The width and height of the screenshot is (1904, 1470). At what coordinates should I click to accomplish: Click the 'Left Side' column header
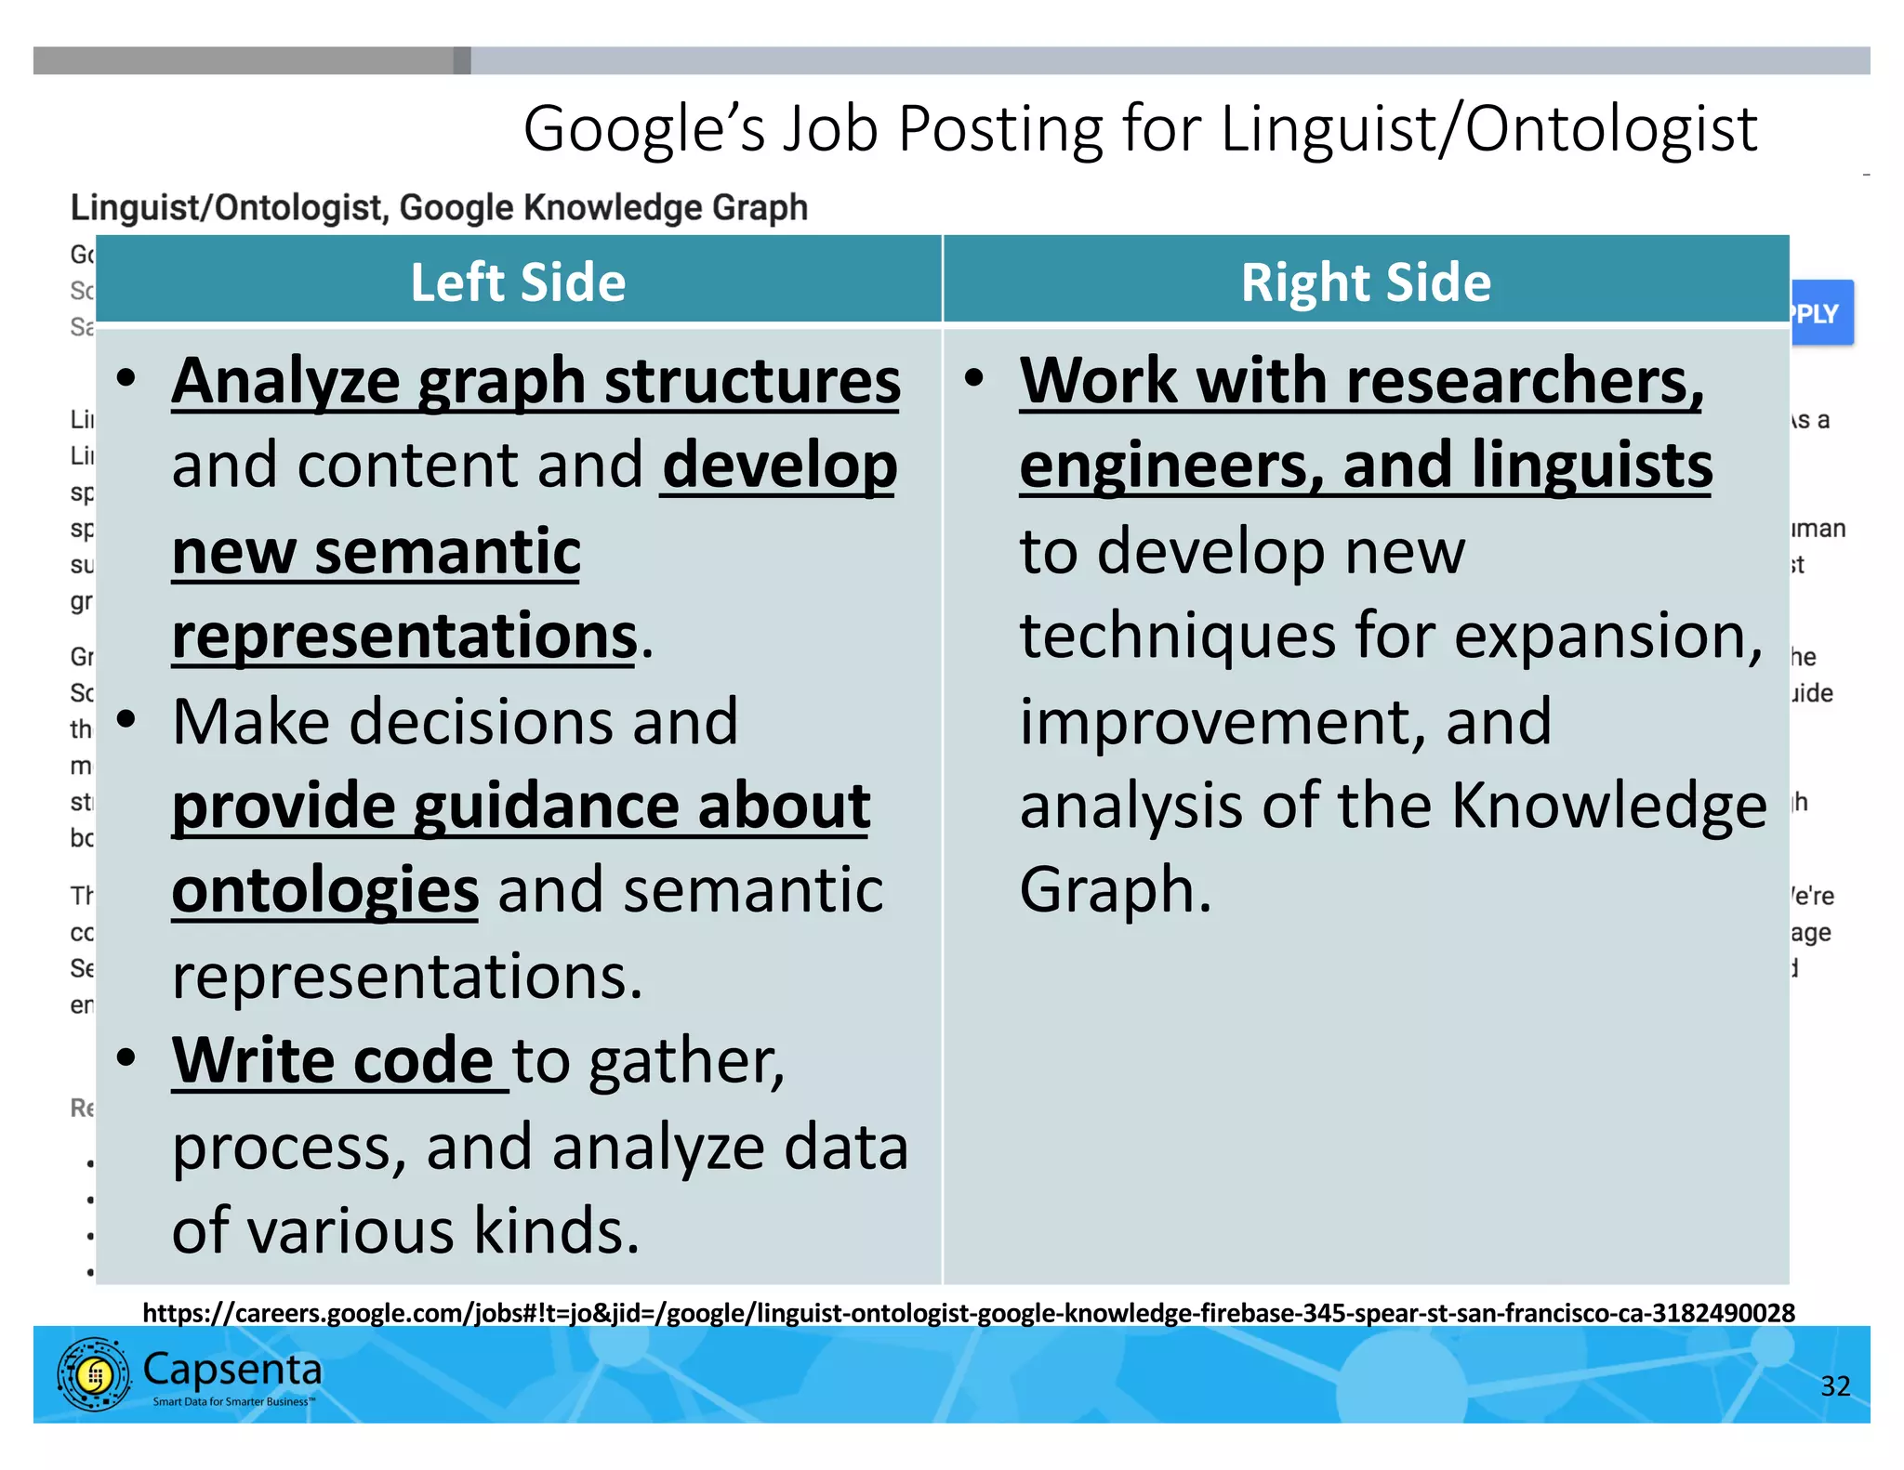518,282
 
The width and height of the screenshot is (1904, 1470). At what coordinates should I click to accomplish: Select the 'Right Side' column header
1365,282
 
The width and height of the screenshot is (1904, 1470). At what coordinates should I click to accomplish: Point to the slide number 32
1834,1385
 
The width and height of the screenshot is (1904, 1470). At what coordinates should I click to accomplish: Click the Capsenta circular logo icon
93,1374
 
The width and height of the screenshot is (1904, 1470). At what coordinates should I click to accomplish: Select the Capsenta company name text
232,1370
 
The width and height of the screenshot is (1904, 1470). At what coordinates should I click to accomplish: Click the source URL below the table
968,1312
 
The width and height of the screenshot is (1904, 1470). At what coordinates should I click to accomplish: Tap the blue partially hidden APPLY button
1820,313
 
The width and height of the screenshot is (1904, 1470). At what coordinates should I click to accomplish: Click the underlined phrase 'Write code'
333,1060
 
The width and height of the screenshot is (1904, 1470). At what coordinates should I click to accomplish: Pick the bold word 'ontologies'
325,890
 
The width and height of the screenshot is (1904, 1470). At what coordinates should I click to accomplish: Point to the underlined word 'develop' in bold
779,465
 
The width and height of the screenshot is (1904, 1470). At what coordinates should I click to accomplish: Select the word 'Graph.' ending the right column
1115,890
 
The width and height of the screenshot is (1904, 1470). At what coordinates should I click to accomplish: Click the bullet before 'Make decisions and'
127,719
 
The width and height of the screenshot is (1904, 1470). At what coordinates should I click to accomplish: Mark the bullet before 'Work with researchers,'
973,378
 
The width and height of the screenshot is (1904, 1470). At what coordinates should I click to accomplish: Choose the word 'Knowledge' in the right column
1608,805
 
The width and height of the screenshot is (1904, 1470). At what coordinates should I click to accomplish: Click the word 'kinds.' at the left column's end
556,1230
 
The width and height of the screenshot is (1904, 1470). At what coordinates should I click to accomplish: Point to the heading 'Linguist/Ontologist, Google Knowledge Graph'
439,207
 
